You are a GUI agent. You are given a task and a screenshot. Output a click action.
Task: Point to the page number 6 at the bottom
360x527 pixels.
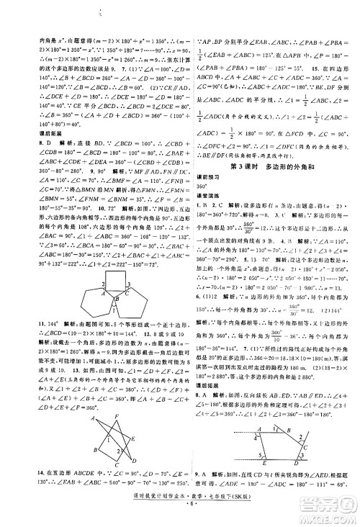click(x=179, y=514)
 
